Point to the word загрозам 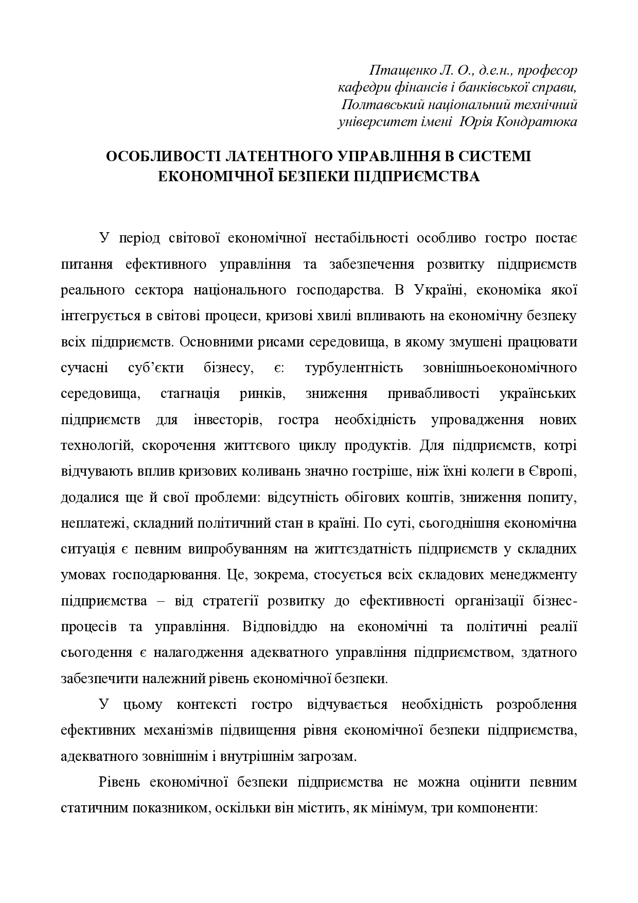click(x=329, y=757)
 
